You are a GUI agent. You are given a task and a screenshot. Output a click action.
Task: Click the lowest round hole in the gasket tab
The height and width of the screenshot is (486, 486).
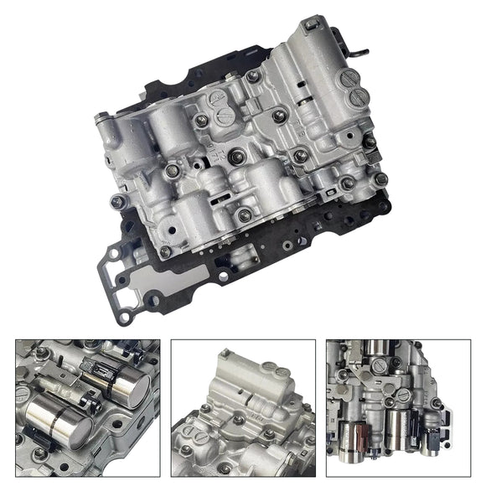click(124, 318)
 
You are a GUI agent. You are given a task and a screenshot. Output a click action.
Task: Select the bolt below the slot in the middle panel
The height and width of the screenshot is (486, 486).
click(240, 421)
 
